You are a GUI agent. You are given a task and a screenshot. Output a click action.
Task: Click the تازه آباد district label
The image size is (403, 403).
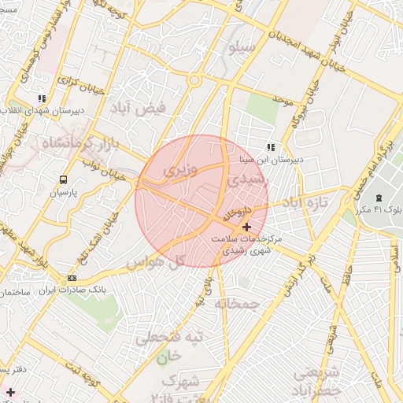[x=309, y=203]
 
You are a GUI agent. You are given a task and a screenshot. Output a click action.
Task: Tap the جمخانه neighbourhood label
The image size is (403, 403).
[x=237, y=303]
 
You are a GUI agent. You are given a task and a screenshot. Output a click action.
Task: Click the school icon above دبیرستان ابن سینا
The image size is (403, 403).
[x=271, y=147]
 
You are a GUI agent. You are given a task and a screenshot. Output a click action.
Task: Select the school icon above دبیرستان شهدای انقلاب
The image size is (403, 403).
[x=41, y=99]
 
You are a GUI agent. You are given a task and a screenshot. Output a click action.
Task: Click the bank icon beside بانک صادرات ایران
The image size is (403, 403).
[x=72, y=278]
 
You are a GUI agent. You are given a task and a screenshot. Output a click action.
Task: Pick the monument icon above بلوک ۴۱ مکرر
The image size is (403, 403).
[x=379, y=197]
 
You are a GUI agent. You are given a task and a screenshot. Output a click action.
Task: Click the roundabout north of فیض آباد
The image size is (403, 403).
[x=194, y=79]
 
